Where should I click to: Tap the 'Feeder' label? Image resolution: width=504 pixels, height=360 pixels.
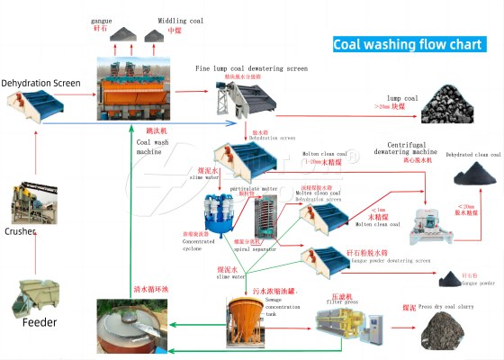40,321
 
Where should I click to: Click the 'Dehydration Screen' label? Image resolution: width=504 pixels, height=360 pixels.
40,83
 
